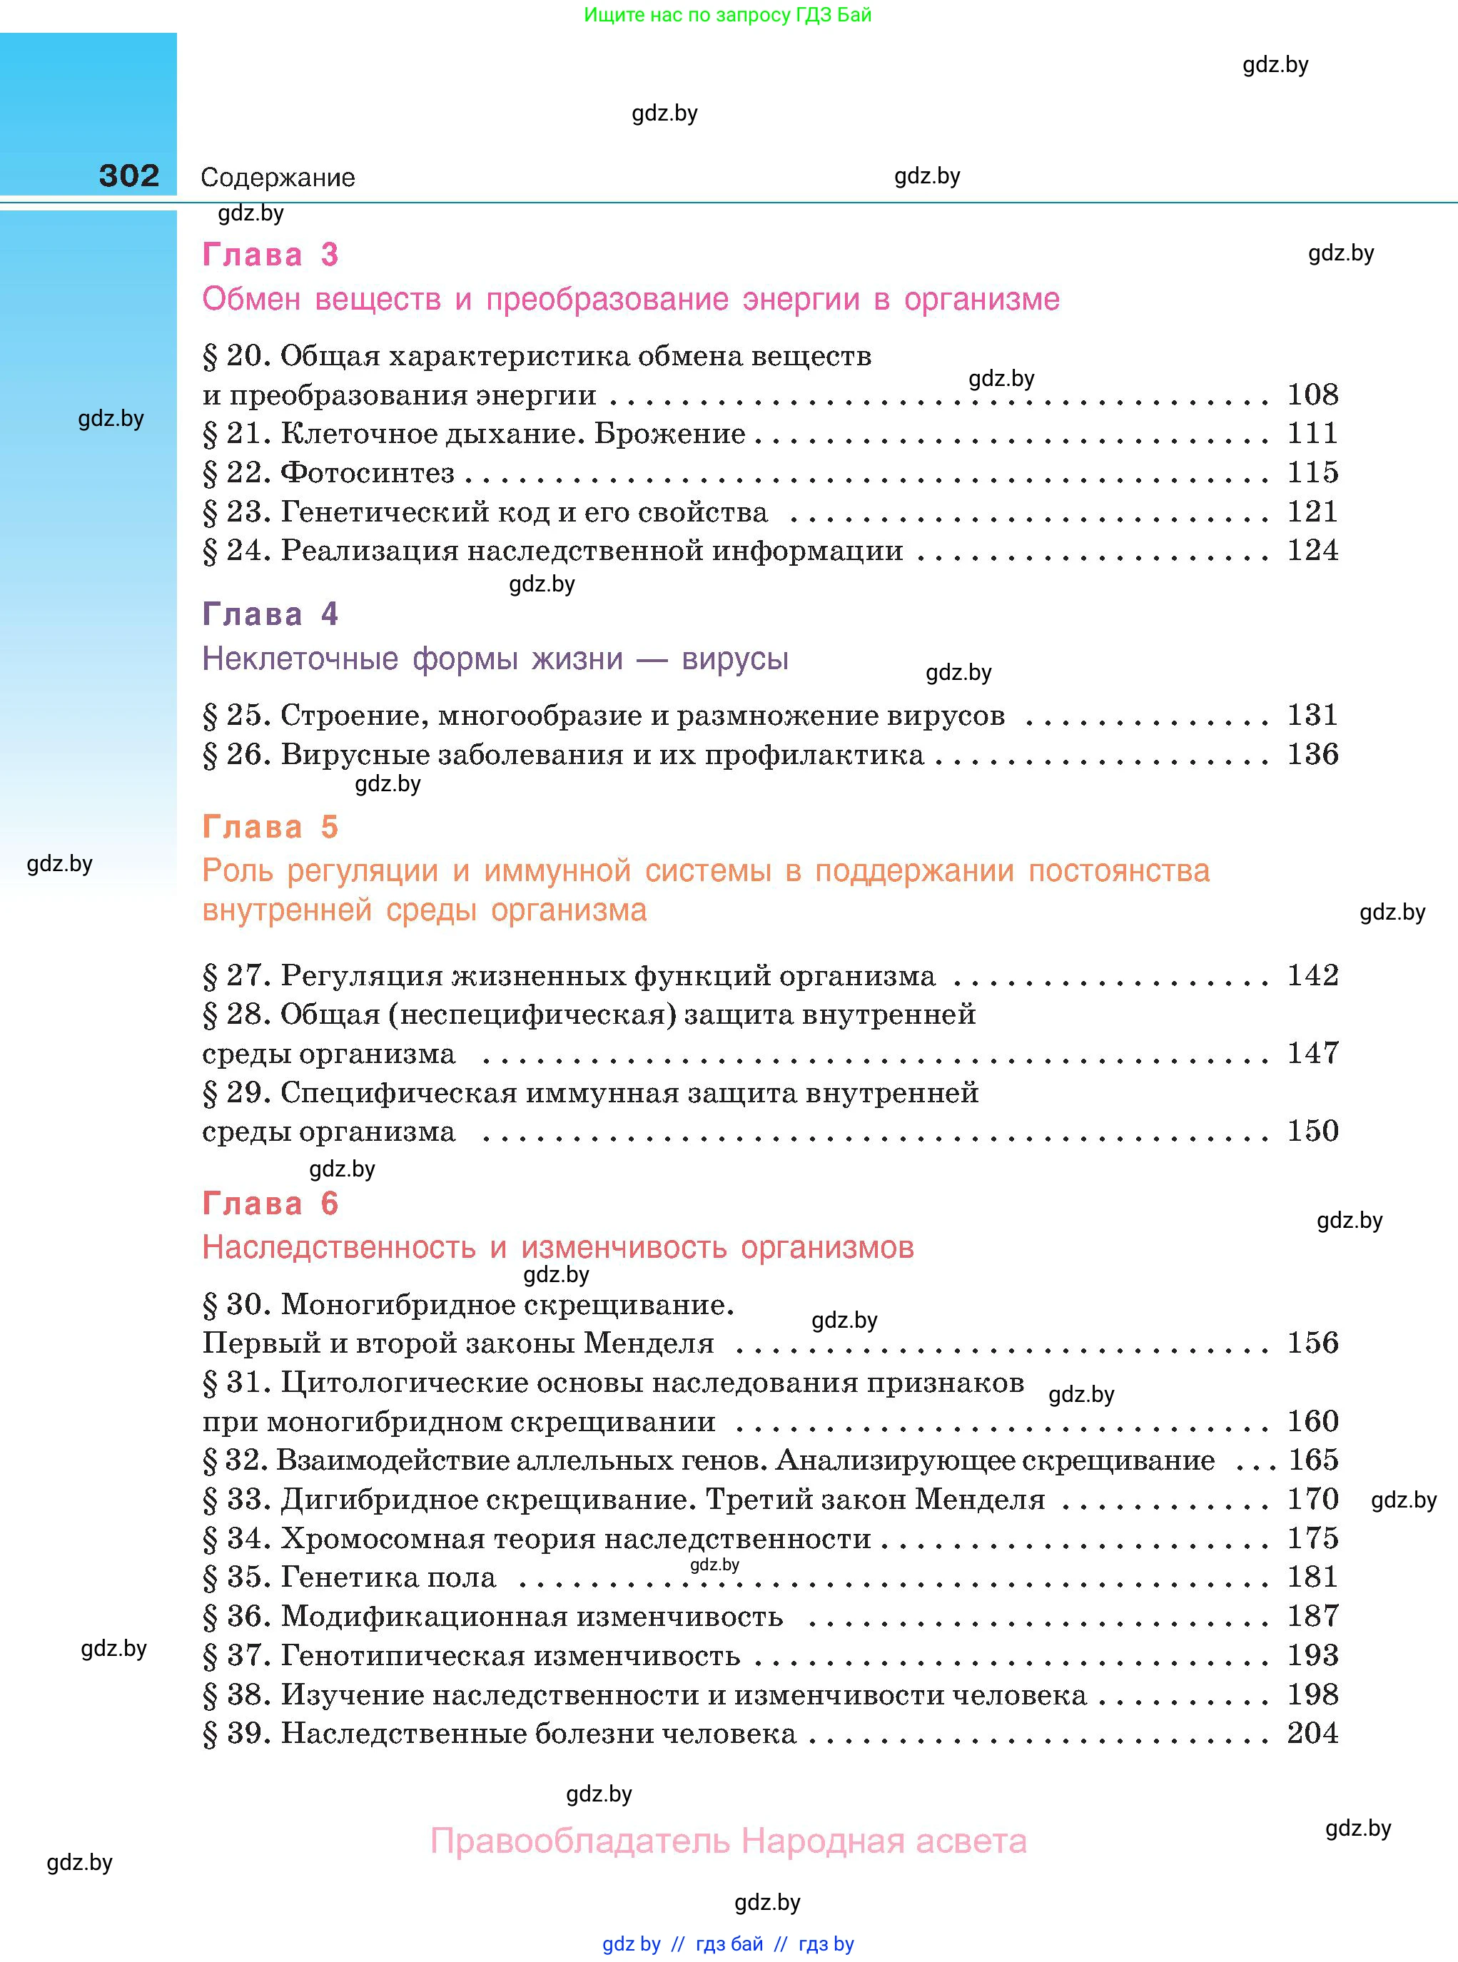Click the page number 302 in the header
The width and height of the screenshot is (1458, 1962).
(x=129, y=176)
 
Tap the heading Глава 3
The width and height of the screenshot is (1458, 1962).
(x=270, y=255)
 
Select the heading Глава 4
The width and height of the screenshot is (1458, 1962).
(x=270, y=614)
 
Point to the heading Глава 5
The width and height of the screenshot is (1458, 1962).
(x=270, y=827)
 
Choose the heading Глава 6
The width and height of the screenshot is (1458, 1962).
(x=270, y=1204)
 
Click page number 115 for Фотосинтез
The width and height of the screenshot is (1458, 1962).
(x=1312, y=472)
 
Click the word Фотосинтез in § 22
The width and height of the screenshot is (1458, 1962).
(x=367, y=473)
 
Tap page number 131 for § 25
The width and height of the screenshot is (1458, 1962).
(x=1312, y=715)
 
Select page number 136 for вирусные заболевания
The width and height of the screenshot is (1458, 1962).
(x=1312, y=754)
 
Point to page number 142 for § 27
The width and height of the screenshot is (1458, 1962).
(x=1312, y=975)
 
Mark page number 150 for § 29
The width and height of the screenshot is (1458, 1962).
(x=1312, y=1131)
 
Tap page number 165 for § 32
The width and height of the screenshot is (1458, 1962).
(x=1312, y=1460)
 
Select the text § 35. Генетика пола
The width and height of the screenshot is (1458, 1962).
(x=350, y=1577)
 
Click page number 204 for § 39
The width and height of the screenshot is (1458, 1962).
(x=1312, y=1734)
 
